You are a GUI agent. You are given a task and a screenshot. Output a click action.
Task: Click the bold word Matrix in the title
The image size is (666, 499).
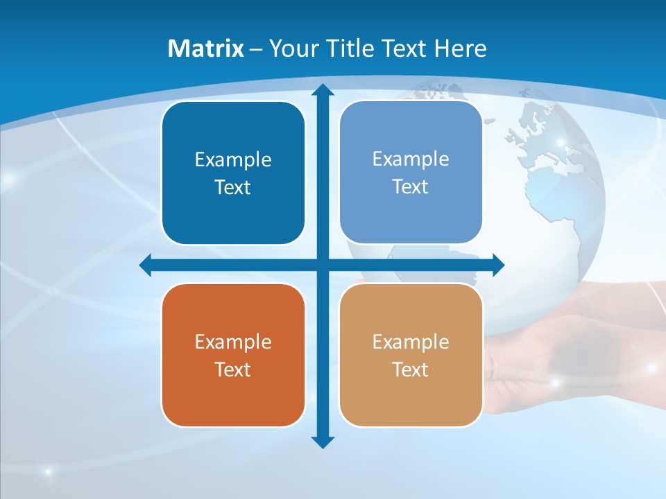[x=206, y=49]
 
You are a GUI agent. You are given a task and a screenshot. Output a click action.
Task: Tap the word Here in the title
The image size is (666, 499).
[x=460, y=49]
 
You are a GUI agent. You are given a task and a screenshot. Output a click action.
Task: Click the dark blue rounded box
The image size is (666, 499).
[x=233, y=173]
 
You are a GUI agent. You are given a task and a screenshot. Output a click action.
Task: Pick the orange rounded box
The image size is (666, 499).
[x=233, y=355]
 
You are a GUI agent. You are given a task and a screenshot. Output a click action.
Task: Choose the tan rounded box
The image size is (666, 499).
[x=411, y=355]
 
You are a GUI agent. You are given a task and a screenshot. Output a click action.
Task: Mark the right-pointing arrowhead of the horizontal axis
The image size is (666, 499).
[x=498, y=265]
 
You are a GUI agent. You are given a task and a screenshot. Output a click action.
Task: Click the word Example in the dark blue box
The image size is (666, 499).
[x=233, y=160]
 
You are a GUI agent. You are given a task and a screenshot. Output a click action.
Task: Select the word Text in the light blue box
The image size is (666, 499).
[x=411, y=187]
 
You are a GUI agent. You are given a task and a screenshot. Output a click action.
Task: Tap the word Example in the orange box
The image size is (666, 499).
[x=233, y=342]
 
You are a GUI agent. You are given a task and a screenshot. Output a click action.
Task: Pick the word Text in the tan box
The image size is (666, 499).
[x=411, y=369]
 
